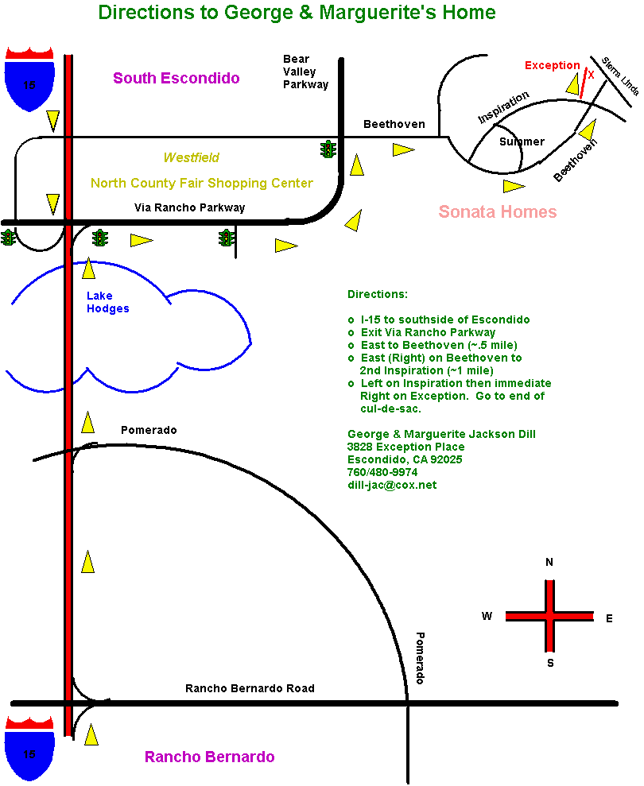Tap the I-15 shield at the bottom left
(29, 747)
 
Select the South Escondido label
(176, 78)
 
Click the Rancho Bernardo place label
(209, 757)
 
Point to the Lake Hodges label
(107, 303)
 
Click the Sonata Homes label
(498, 211)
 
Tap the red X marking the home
(591, 75)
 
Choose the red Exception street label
(552, 65)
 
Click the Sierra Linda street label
(619, 76)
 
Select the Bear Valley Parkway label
(306, 72)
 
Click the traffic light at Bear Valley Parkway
(328, 149)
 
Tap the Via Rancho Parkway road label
(189, 207)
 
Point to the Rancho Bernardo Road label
(250, 688)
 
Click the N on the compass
(549, 562)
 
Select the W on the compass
(487, 616)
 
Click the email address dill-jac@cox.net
(391, 485)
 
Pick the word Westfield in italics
(192, 157)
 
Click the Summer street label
(522, 141)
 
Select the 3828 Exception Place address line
(405, 447)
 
